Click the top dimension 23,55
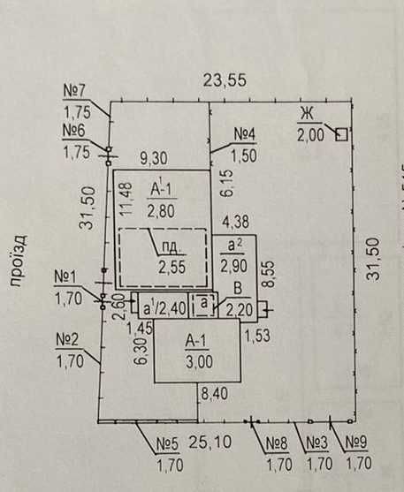click(x=225, y=80)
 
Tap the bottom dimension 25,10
click(x=210, y=443)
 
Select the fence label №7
click(x=74, y=91)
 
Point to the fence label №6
click(x=74, y=131)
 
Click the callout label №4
click(x=245, y=135)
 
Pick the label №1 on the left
click(x=65, y=277)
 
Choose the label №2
click(x=67, y=340)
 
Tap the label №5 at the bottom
click(x=167, y=444)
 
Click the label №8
click(x=277, y=443)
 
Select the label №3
click(x=317, y=443)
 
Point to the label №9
click(x=356, y=443)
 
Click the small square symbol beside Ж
click(x=341, y=134)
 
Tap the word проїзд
click(x=19, y=261)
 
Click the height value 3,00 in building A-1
click(x=199, y=361)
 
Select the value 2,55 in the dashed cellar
click(x=172, y=268)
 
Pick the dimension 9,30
click(x=154, y=158)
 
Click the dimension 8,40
click(x=215, y=394)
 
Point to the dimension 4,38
click(x=235, y=222)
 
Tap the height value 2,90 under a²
click(x=233, y=267)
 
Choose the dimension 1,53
click(x=257, y=336)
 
